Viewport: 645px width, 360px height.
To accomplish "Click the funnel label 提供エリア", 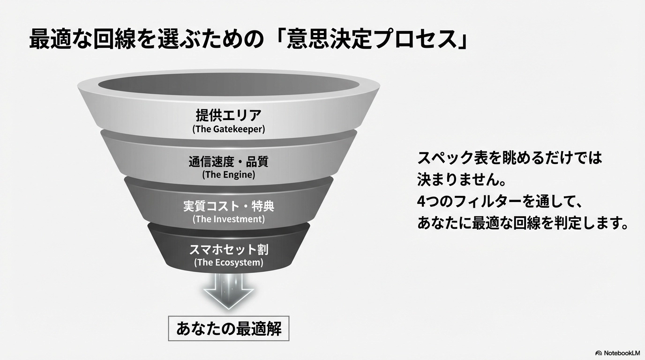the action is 229,115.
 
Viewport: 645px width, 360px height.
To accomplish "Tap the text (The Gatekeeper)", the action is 229,129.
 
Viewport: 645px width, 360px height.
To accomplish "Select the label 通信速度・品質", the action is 229,162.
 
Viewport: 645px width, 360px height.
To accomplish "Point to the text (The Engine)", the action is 229,174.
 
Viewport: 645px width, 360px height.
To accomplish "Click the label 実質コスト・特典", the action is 229,206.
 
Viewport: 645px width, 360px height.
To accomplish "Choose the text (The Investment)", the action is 229,219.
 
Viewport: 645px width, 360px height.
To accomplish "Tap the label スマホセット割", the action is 229,249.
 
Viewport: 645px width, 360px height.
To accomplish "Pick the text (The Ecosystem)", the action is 229,262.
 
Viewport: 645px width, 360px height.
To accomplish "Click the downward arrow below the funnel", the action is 229,291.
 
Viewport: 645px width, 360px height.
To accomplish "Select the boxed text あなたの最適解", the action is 229,329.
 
